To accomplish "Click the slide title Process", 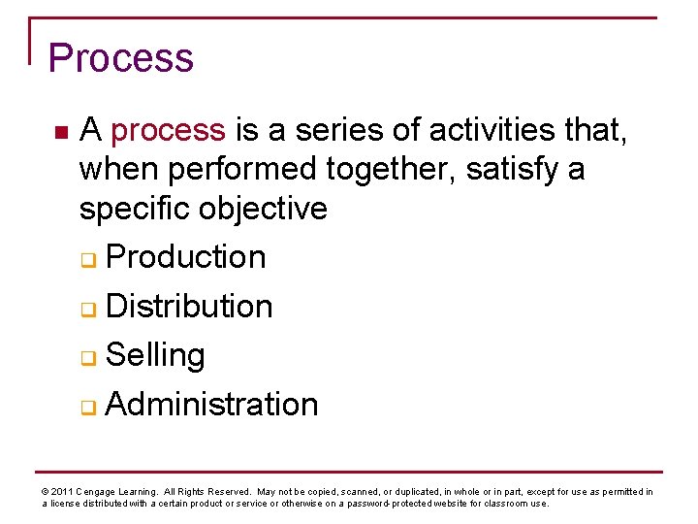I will pyautogui.click(x=121, y=59).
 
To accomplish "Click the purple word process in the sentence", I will pyautogui.click(x=169, y=130).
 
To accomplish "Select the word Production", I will pyautogui.click(x=185, y=257).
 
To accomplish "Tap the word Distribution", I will pyautogui.click(x=189, y=307).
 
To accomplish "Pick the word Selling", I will pyautogui.click(x=155, y=355).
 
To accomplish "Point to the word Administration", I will pyautogui.click(x=211, y=404).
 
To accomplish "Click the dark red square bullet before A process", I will pyautogui.click(x=60, y=131).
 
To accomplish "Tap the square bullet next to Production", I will pyautogui.click(x=88, y=260).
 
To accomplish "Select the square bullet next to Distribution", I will pyautogui.click(x=88, y=310).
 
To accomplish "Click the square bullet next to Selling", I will pyautogui.click(x=88, y=358).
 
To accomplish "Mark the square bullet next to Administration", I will pyautogui.click(x=88, y=407).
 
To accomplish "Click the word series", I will pyautogui.click(x=335, y=130).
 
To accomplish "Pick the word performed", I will pyautogui.click(x=242, y=170).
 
